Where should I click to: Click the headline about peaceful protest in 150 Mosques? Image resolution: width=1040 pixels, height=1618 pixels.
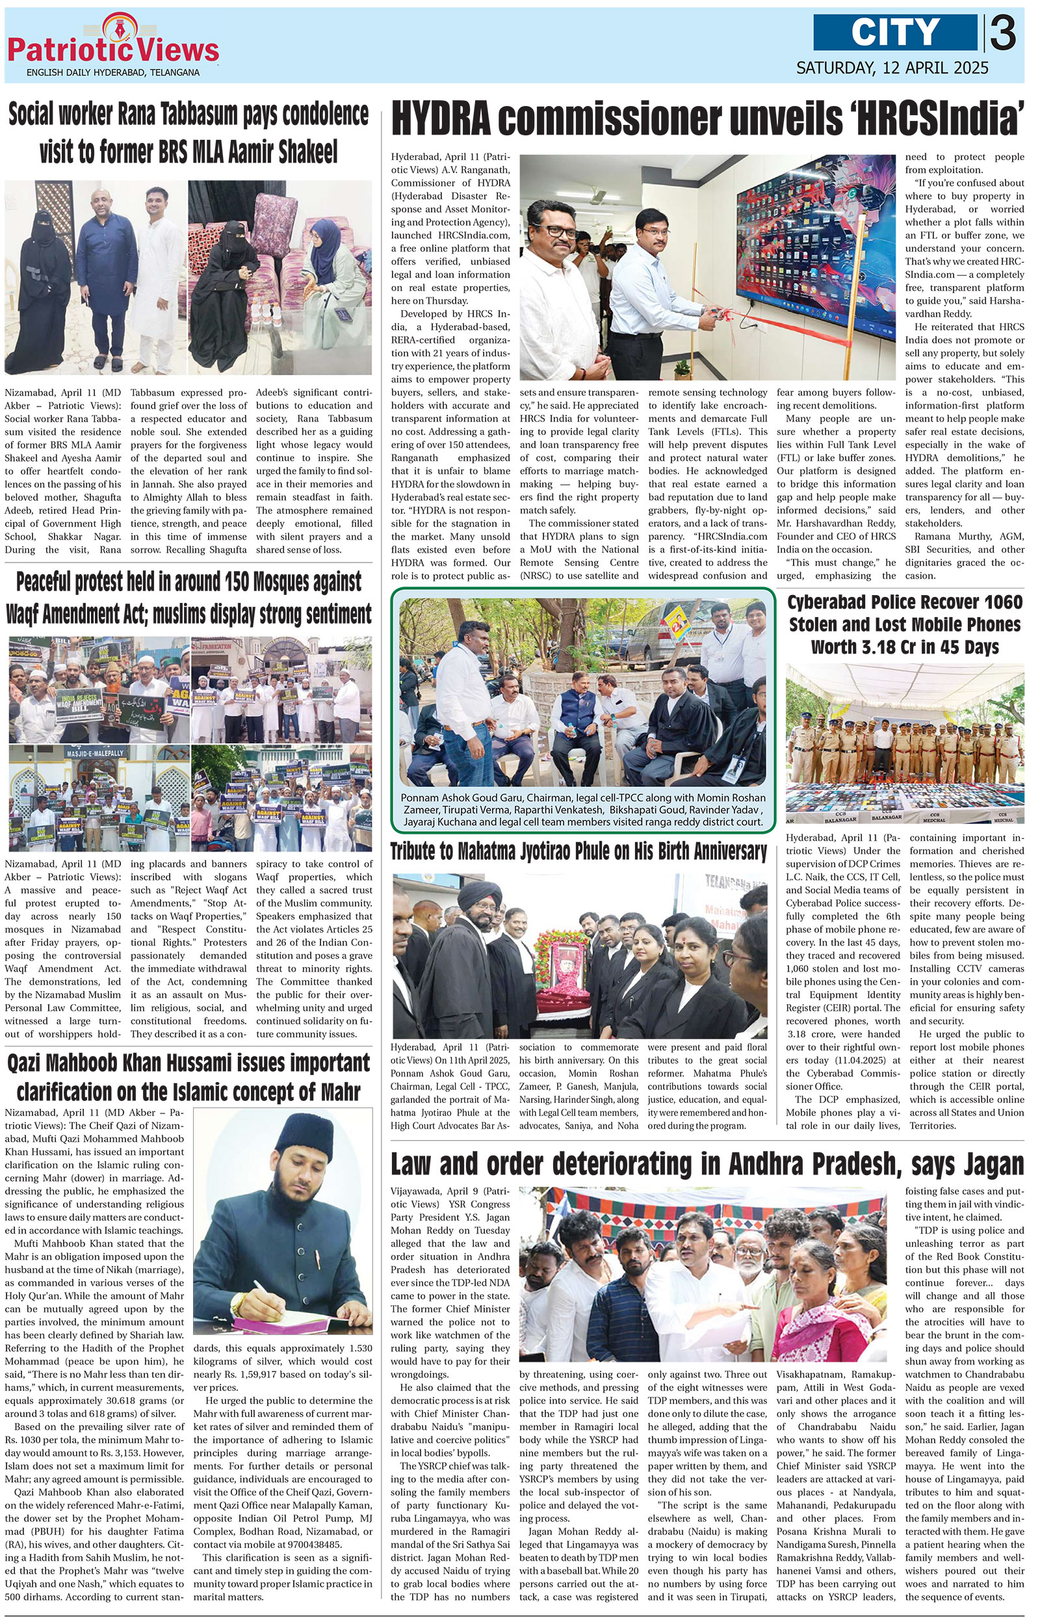(188, 598)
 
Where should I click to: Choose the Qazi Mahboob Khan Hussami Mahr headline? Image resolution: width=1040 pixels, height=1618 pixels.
(188, 1078)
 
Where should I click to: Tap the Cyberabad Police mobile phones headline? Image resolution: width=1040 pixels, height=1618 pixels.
(905, 624)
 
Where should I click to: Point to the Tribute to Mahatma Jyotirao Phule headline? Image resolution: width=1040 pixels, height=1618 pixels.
(578, 852)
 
